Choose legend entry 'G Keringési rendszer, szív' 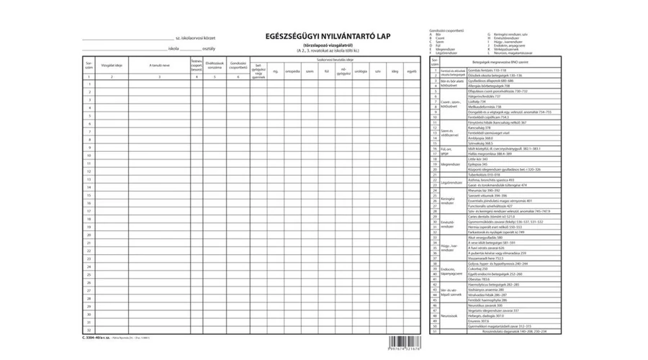point(510,35)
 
